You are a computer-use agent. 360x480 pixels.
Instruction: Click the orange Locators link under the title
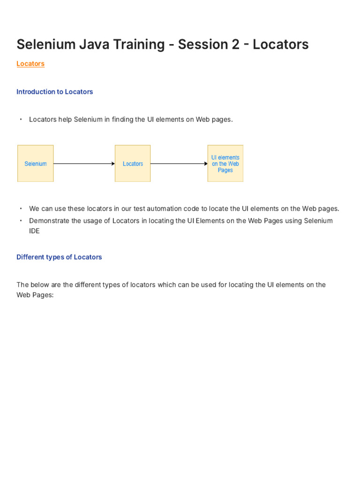pyautogui.click(x=30, y=64)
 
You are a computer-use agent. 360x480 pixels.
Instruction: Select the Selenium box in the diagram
pyautogui.click(x=36, y=164)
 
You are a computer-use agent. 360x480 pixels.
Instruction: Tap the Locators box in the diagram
pyautogui.click(x=133, y=164)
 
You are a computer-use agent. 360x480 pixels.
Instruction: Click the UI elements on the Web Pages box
pyautogui.click(x=225, y=164)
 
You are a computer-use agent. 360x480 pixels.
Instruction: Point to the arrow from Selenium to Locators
pyautogui.click(x=84, y=164)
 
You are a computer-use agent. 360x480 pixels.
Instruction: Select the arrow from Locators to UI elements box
pyautogui.click(x=179, y=164)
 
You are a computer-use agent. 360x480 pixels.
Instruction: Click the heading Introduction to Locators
pyautogui.click(x=54, y=92)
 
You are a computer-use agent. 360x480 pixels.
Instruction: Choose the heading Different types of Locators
pyautogui.click(x=59, y=257)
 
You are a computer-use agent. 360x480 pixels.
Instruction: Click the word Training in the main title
pyautogui.click(x=136, y=45)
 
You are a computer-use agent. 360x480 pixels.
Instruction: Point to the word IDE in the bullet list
pyautogui.click(x=34, y=231)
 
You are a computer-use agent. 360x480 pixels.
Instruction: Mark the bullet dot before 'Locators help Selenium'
pyautogui.click(x=21, y=120)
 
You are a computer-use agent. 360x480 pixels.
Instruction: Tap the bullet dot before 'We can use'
pyautogui.click(x=21, y=209)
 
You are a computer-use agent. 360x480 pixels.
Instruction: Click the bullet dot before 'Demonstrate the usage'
pyautogui.click(x=21, y=221)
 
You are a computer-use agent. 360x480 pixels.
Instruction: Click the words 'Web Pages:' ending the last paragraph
pyautogui.click(x=35, y=295)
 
